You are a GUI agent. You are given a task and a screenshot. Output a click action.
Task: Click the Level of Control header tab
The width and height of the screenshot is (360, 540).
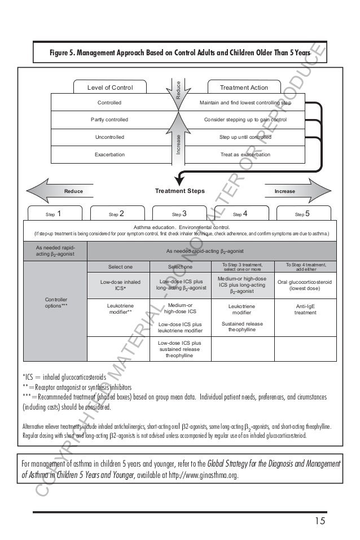pyautogui.click(x=109, y=87)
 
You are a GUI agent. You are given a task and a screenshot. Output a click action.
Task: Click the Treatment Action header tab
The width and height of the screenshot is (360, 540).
pyautogui.click(x=244, y=87)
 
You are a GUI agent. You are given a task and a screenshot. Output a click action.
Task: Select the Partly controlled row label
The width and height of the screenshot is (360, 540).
pyautogui.click(x=109, y=120)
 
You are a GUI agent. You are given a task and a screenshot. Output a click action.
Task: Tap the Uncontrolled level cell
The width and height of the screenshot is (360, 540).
pyautogui.click(x=109, y=137)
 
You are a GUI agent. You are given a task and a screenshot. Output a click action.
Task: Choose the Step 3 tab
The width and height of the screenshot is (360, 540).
pyautogui.click(x=180, y=214)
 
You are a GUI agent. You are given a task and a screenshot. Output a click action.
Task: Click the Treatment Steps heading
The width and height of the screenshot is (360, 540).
pyautogui.click(x=180, y=191)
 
